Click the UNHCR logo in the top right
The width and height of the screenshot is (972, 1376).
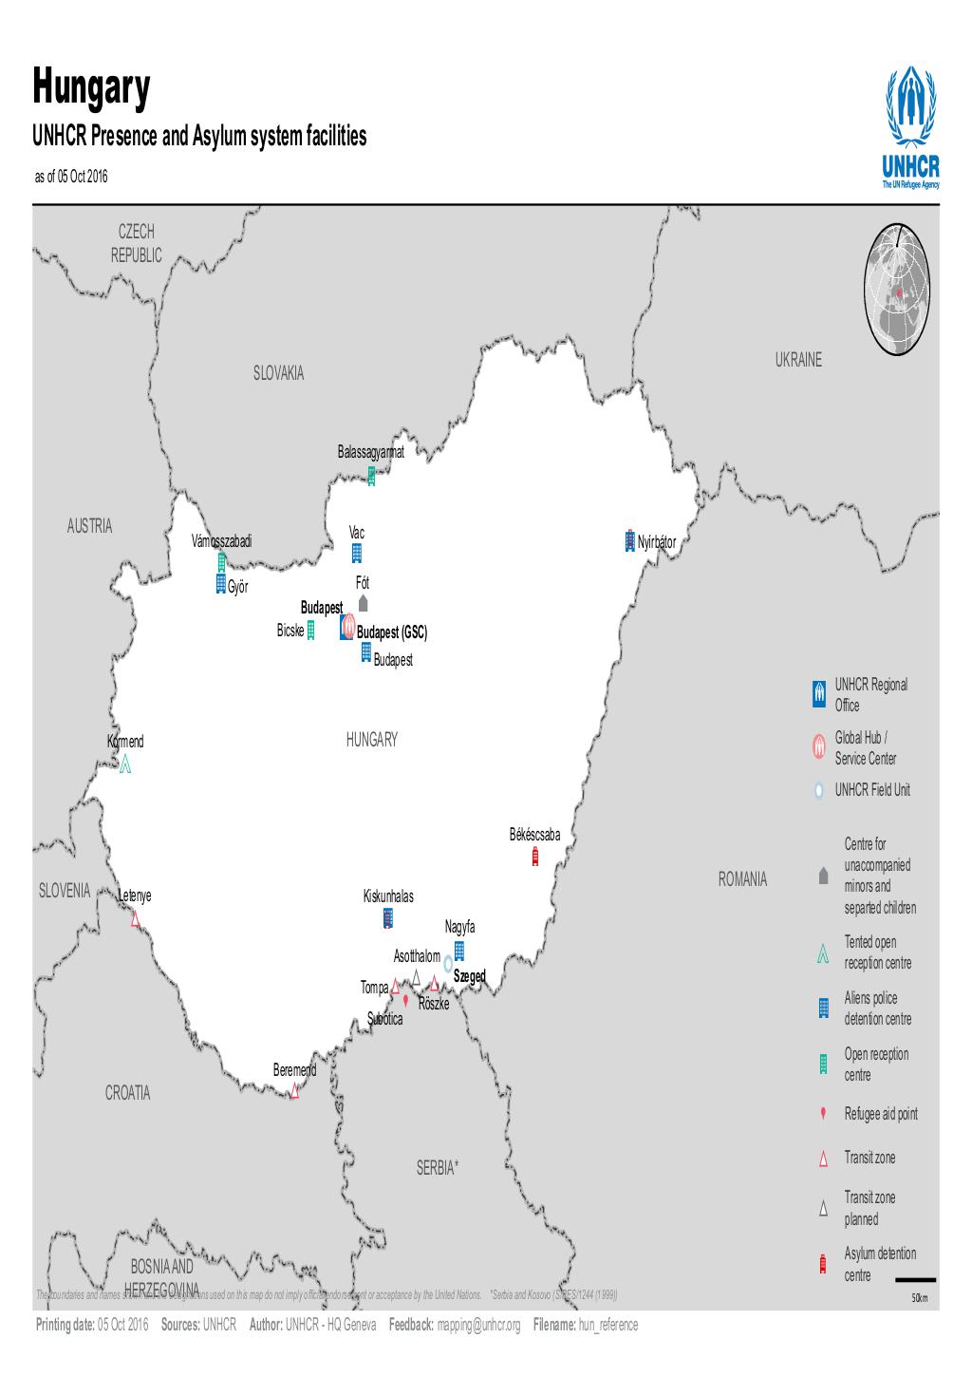coord(910,128)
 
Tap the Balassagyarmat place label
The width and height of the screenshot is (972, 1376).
coord(371,452)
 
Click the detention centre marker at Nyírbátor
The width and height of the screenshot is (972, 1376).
coord(628,541)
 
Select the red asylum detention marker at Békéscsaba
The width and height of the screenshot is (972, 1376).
coord(535,857)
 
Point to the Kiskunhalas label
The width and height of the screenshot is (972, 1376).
coord(388,896)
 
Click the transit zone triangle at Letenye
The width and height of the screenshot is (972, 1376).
coord(135,917)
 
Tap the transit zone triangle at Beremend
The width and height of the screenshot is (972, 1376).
coord(294,1091)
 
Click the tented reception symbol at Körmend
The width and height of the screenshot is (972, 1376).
coord(125,763)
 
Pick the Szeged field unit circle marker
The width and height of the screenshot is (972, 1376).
coord(448,964)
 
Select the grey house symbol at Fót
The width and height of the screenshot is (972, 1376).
coord(363,603)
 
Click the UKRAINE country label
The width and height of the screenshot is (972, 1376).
coord(797,360)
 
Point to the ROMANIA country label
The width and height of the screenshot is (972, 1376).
coord(742,879)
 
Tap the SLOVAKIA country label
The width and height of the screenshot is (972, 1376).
coord(278,374)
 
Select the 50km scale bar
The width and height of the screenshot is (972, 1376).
coord(915,1280)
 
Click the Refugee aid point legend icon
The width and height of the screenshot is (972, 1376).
coord(823,1114)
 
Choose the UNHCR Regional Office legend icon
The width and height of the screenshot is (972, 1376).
coord(819,694)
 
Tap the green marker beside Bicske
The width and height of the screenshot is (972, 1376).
coord(310,631)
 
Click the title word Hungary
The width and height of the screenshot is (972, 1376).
coord(92,88)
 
